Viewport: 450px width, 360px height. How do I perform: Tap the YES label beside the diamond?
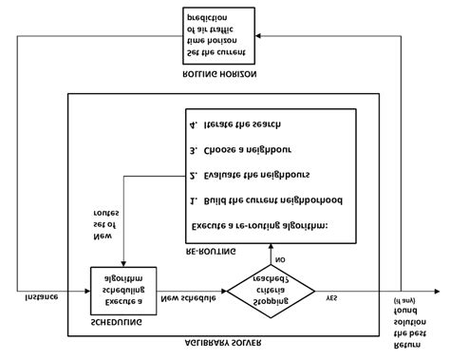click(331, 297)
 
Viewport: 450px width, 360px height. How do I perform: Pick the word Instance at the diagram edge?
click(41, 297)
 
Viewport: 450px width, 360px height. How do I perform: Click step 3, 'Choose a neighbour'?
click(243, 149)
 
